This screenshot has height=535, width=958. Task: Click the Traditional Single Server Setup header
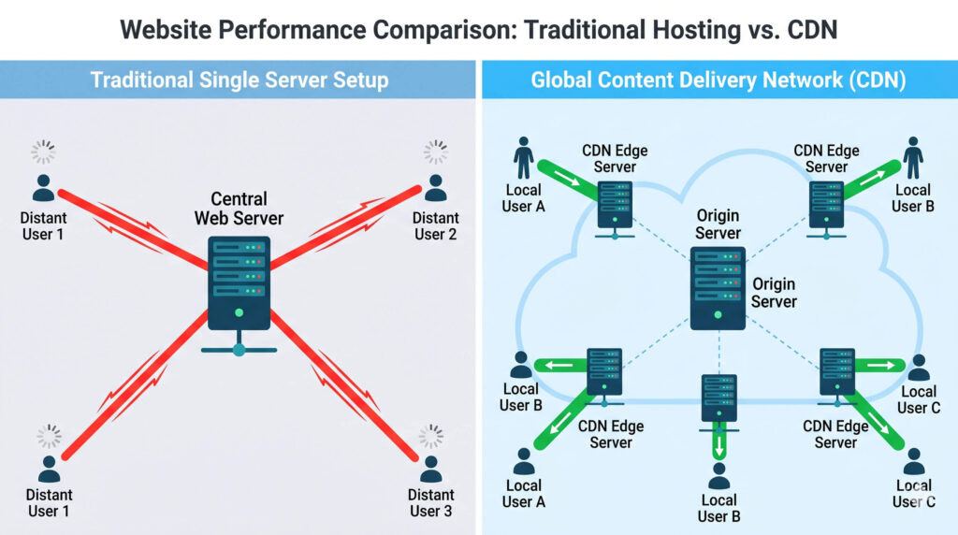[x=239, y=80]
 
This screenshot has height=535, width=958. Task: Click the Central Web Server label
[x=239, y=209]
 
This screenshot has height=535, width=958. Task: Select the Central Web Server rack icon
[x=239, y=282]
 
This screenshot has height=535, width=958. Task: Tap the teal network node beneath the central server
[x=239, y=350]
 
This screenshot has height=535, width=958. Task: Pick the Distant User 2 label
[x=435, y=225]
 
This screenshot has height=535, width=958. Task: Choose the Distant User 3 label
[x=431, y=502]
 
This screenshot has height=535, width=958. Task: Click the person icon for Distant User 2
[x=435, y=187]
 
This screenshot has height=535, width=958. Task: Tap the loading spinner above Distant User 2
[x=435, y=152]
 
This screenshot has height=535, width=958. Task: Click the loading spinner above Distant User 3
[x=430, y=435]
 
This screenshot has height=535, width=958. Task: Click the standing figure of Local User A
[x=524, y=159]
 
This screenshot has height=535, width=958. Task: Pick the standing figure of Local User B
[x=913, y=159]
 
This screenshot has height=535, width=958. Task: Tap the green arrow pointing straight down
[x=718, y=440]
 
